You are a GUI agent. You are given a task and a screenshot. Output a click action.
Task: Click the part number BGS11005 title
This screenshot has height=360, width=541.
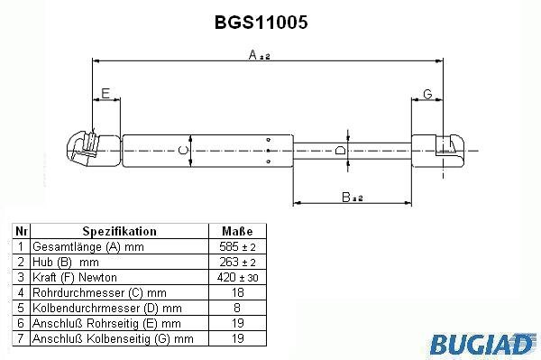(x=261, y=23)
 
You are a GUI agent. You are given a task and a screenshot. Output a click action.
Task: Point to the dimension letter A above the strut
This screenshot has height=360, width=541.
(x=252, y=54)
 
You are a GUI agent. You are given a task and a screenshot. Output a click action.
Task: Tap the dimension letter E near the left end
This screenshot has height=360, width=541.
(x=105, y=93)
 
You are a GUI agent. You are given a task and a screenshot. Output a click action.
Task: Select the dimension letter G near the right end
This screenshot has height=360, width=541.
(x=427, y=94)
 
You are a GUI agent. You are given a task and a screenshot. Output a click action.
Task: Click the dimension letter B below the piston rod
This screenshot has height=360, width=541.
(x=346, y=197)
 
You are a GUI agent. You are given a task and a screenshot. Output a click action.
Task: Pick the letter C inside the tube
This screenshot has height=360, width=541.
(x=183, y=150)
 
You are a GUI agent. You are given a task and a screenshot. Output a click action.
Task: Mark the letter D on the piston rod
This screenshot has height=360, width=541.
(x=340, y=150)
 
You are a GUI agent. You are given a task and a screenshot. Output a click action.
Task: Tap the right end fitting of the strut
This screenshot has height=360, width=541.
(x=438, y=151)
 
